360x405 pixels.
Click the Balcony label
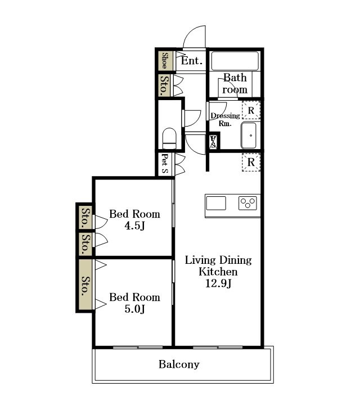click(x=179, y=364)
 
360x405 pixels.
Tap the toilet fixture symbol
click(x=169, y=138)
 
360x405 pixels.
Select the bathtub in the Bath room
click(x=235, y=61)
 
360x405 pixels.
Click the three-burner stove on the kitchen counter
click(x=247, y=203)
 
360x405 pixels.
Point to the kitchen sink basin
click(x=216, y=203)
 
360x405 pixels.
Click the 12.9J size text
click(x=218, y=283)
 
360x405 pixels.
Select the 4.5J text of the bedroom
click(x=134, y=226)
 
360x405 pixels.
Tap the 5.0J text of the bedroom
click(x=134, y=309)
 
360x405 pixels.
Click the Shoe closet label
click(x=164, y=60)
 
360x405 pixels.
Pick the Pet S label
click(x=165, y=164)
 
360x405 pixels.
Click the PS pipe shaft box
click(x=213, y=142)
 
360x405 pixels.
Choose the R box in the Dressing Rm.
click(x=251, y=110)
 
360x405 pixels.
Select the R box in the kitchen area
click(x=251, y=162)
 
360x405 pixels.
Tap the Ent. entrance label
click(x=192, y=61)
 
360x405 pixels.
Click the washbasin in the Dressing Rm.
click(x=249, y=136)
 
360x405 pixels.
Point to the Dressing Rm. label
click(x=225, y=119)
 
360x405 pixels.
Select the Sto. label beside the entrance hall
click(x=164, y=85)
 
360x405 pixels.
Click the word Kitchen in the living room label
click(x=218, y=272)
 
